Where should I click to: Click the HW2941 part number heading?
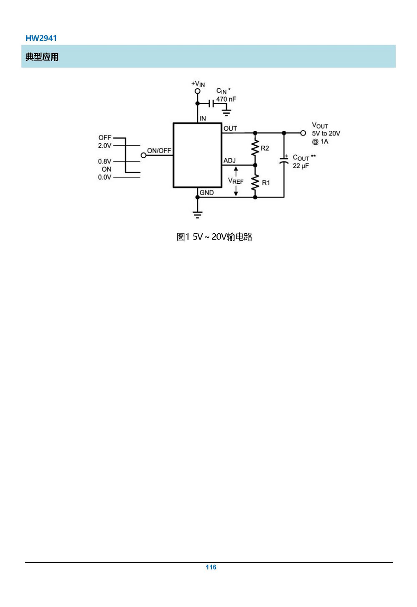pos(41,38)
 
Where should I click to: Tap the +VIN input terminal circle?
pos(198,91)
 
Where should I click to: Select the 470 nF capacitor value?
pos(226,99)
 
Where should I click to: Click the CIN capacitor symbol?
pos(211,103)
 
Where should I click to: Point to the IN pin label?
pos(203,119)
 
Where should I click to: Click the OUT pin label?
pos(230,128)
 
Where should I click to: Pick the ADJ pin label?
pos(229,161)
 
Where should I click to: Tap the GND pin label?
pos(206,192)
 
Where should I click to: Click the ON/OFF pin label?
pos(159,151)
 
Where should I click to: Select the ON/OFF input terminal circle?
pos(143,155)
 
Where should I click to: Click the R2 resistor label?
pos(265,148)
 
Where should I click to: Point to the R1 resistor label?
pos(266,183)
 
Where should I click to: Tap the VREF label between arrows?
pos(236,181)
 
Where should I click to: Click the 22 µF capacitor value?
pos(301,166)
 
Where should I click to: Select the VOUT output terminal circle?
pos(303,133)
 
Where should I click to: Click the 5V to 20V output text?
pos(326,133)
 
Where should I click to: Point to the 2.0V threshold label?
pos(105,146)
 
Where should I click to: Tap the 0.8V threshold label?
pos(105,162)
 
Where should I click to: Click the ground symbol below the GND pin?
pos(198,215)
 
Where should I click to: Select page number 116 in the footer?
pos(211,567)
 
